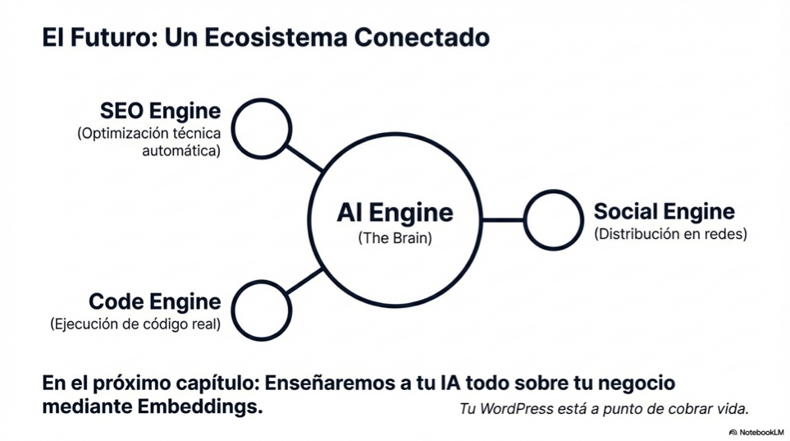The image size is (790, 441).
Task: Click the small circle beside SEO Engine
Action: coord(262,129)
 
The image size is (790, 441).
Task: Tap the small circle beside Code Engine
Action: coord(262,310)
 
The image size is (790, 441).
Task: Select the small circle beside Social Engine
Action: coord(554,220)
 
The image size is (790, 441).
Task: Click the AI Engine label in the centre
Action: coord(395,213)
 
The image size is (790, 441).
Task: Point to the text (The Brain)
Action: coord(395,238)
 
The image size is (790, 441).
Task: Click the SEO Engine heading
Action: coord(160,111)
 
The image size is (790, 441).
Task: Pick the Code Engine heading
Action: coord(154,302)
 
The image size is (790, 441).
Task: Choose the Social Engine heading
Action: coord(664,212)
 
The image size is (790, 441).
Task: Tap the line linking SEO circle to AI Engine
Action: coord(305,159)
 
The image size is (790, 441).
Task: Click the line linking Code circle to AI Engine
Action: coord(305,280)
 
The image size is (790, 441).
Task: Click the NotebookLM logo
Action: coord(756,432)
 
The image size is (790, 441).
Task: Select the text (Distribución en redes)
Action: coord(670,234)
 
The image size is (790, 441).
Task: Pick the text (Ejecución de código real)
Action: coord(135,324)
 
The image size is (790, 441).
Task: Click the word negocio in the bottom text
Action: coord(634,384)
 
